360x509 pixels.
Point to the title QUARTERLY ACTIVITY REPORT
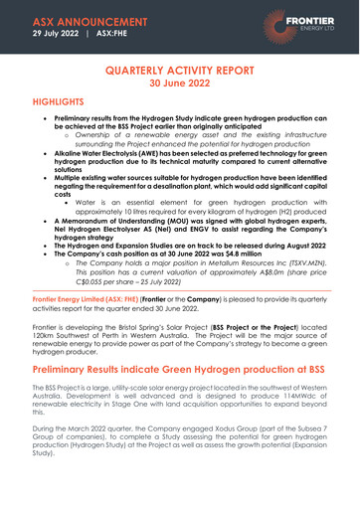180,72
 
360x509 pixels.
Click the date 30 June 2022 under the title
180,86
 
